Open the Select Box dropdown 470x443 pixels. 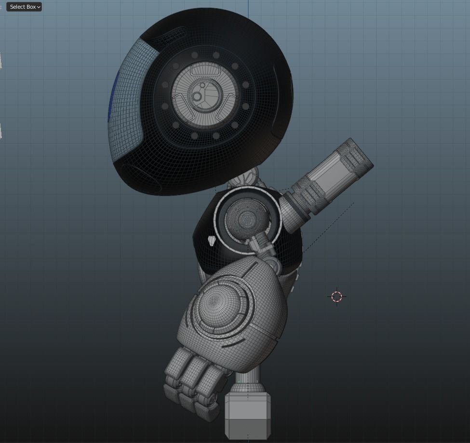(24, 7)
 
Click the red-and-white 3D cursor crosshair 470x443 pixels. (337, 296)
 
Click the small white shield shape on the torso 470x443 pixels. (212, 241)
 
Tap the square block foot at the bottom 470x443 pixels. (248, 415)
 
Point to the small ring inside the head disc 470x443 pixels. (197, 97)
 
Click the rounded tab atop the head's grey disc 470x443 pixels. (206, 70)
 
